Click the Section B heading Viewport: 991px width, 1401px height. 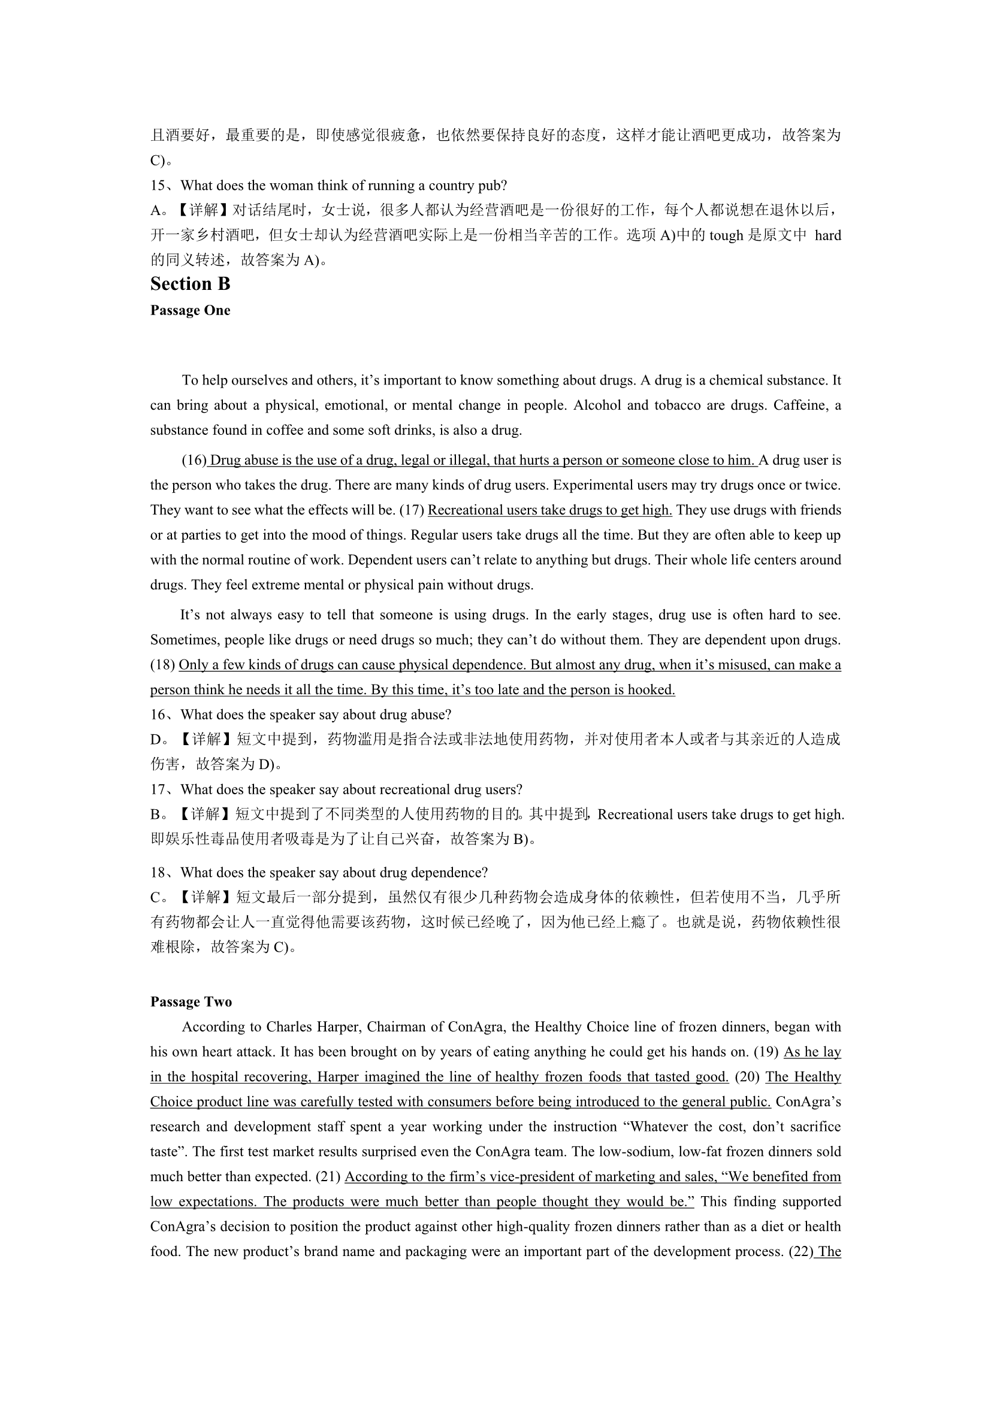[x=190, y=285]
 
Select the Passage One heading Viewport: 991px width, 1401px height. [x=190, y=311]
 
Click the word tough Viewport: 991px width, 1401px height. [x=726, y=235]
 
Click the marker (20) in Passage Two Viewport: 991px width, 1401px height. [x=747, y=1077]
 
